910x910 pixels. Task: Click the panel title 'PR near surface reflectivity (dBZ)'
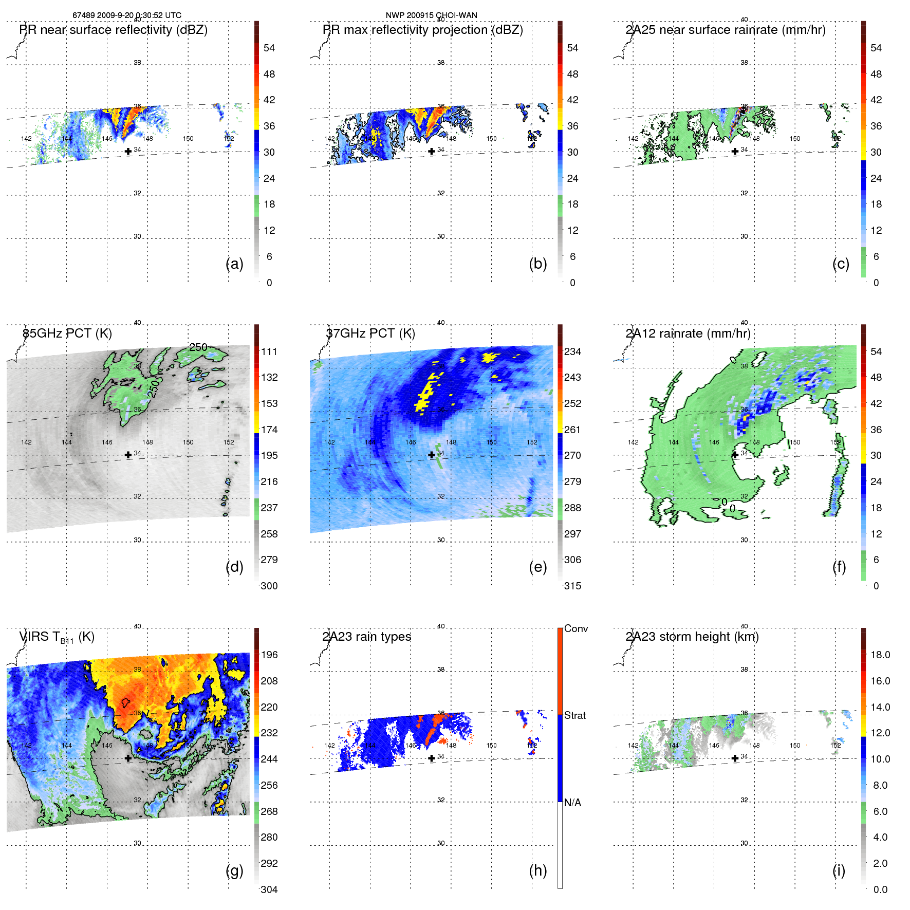(x=113, y=30)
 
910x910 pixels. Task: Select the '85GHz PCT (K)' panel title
(x=67, y=333)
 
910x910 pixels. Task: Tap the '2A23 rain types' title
(x=366, y=637)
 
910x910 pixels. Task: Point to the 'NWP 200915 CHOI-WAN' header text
(x=432, y=15)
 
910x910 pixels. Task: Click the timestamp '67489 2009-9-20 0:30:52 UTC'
(x=127, y=15)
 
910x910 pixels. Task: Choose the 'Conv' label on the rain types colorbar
(x=575, y=628)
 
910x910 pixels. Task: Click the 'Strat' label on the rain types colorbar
(x=574, y=715)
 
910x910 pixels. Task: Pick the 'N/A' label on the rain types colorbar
(x=572, y=803)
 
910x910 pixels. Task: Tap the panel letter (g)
(x=234, y=870)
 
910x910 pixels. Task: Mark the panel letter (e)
(x=537, y=567)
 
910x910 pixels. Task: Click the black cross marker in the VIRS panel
(x=128, y=758)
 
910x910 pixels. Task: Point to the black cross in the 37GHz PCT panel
(x=432, y=455)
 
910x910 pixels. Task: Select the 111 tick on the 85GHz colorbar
(x=269, y=351)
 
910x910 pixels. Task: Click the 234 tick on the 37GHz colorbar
(x=572, y=351)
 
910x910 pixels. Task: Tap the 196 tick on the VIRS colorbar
(x=269, y=655)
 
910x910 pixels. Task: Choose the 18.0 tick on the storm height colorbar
(x=880, y=655)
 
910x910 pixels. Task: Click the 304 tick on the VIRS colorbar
(x=269, y=889)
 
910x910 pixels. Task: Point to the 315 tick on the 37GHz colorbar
(x=572, y=586)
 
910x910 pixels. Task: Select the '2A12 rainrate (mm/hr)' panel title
(x=688, y=333)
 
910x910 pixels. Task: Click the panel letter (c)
(x=841, y=264)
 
